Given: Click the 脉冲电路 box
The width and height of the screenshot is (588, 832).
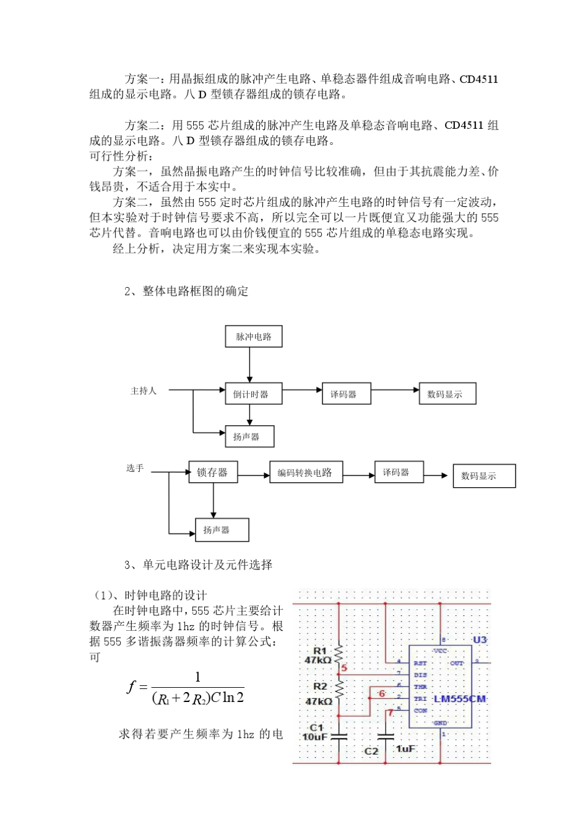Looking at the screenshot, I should pyautogui.click(x=253, y=337).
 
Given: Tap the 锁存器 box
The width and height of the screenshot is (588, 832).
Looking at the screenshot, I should pyautogui.click(x=212, y=472).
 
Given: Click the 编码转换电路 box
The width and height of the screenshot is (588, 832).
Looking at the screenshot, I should pyautogui.click(x=305, y=472).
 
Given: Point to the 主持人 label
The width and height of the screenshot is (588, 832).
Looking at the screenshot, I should pyautogui.click(x=143, y=391).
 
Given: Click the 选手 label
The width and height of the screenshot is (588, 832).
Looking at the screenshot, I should pyautogui.click(x=135, y=468).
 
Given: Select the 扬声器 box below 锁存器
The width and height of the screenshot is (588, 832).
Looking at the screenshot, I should pyautogui.click(x=222, y=530).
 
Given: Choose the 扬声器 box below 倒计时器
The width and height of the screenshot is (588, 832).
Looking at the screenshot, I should pyautogui.click(x=248, y=436).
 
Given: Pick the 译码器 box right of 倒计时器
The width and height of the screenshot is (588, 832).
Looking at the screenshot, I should pyautogui.click(x=345, y=394).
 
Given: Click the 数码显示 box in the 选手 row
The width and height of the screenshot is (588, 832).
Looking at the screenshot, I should pyautogui.click(x=483, y=476).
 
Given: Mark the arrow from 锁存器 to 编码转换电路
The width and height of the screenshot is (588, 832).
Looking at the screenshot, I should pyautogui.click(x=253, y=475).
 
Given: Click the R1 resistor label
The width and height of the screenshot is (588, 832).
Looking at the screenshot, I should pyautogui.click(x=319, y=651).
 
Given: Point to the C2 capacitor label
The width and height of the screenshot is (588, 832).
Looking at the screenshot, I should pyautogui.click(x=371, y=751).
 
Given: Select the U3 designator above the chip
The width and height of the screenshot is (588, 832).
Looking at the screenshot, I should pyautogui.click(x=480, y=639).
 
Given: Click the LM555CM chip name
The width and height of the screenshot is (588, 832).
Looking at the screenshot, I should pyautogui.click(x=460, y=699).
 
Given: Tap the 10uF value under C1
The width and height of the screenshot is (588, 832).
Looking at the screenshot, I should pyautogui.click(x=314, y=737).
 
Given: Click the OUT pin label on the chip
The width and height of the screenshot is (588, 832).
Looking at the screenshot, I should pyautogui.click(x=457, y=663).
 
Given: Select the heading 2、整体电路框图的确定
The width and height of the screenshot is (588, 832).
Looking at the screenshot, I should pyautogui.click(x=186, y=291).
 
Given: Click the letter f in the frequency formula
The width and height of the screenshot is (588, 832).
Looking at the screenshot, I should pyautogui.click(x=131, y=687).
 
